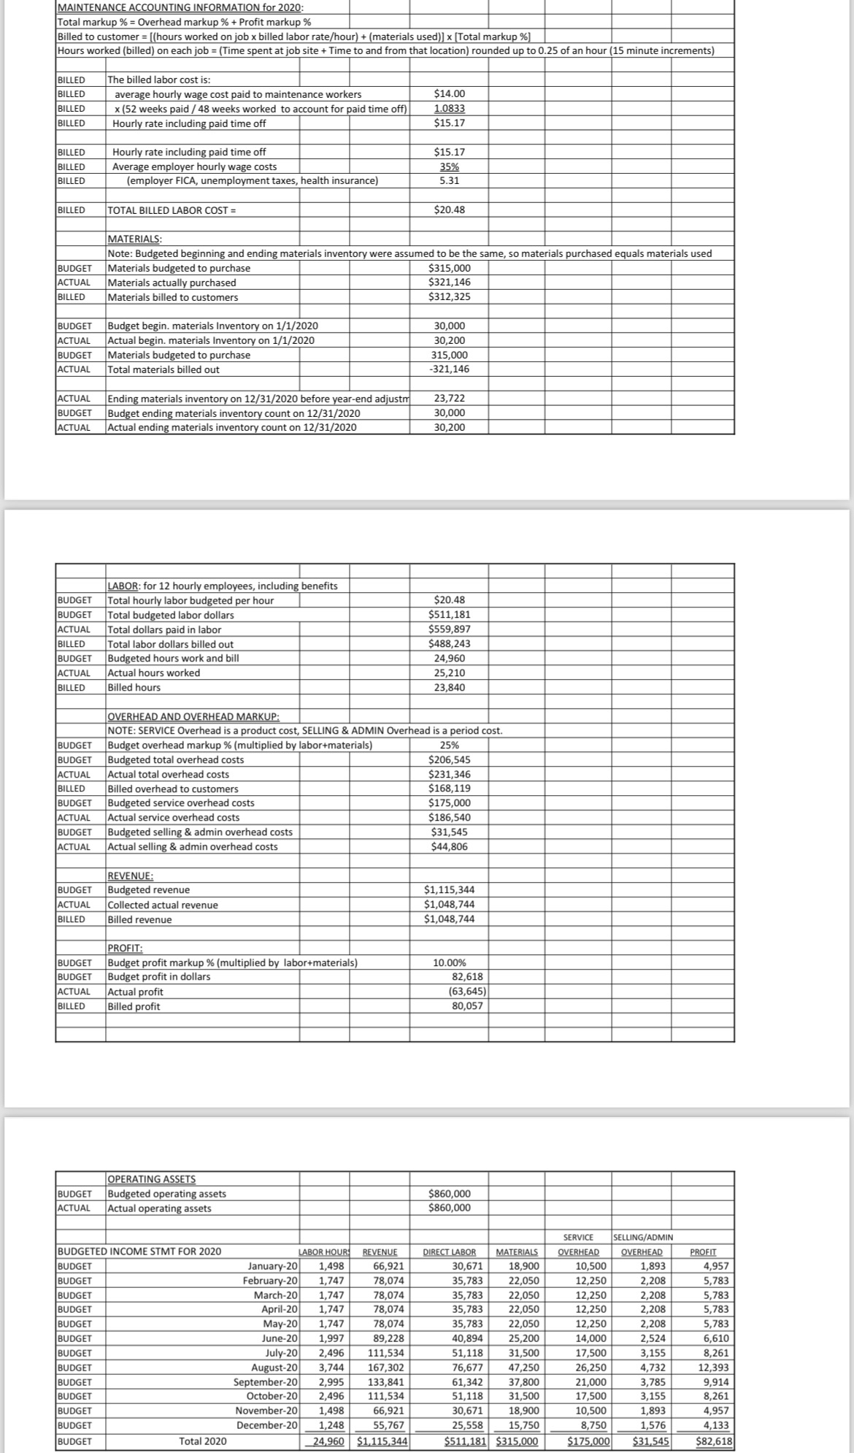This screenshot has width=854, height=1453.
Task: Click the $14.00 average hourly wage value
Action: [449, 93]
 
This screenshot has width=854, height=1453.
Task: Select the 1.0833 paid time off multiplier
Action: [449, 108]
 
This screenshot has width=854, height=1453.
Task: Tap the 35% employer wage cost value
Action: [449, 166]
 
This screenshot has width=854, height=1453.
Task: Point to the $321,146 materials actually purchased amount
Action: [449, 283]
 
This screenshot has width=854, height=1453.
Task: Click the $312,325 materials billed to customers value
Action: [449, 297]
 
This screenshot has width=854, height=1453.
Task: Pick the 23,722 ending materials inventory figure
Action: [449, 399]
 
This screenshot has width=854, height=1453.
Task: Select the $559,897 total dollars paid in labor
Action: [449, 629]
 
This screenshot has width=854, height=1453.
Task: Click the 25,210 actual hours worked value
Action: [449, 673]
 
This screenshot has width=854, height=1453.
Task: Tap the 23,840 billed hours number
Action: [449, 688]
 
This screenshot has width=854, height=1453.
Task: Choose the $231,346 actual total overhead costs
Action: [449, 775]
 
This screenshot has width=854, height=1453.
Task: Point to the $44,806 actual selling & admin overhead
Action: [449, 847]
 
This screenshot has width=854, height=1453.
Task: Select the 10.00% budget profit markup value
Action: [449, 963]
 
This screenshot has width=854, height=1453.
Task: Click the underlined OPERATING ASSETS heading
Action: [151, 1179]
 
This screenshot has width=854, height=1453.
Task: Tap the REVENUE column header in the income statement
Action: [380, 1252]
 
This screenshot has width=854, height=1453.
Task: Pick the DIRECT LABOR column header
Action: [450, 1252]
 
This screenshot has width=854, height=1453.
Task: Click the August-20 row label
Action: [274, 1368]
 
